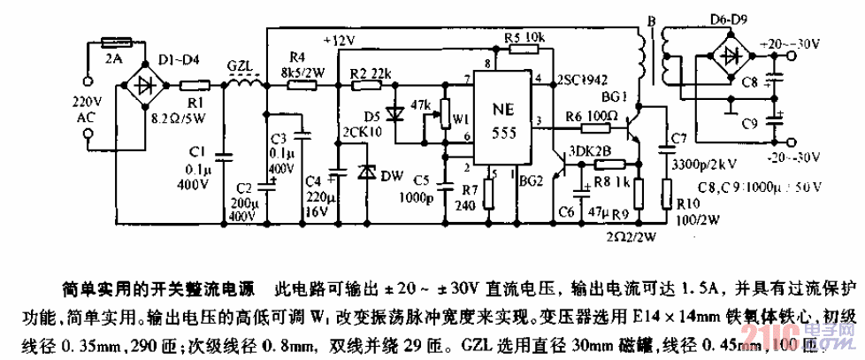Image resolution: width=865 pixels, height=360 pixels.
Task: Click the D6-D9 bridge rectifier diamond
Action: coord(733,54)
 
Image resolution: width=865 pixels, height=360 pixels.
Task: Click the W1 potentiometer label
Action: coord(456,119)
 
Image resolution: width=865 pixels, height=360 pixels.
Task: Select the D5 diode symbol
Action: coord(395,113)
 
